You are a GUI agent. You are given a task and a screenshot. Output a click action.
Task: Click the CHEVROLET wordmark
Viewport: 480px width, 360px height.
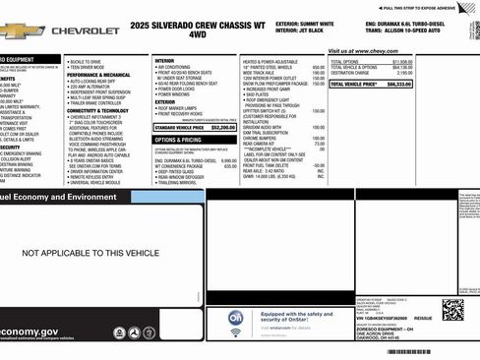coord(86,31)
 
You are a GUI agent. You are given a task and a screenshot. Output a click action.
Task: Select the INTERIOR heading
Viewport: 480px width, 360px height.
coord(164,60)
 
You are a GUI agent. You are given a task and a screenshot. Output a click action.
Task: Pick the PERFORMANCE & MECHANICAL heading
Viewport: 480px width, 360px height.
coord(98,74)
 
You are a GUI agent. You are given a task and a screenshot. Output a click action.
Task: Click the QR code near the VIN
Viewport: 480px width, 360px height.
coord(452,309)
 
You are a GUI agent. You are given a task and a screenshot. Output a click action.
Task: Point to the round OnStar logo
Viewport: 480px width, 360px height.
coord(236,319)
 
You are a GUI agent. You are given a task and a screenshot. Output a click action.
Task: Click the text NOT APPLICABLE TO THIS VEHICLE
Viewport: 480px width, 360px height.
coord(90,253)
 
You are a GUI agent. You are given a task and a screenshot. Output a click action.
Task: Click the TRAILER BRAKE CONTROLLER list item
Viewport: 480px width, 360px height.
coord(99,103)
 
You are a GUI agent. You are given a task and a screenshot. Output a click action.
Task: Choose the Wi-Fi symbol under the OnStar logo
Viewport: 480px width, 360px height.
coord(236,333)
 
